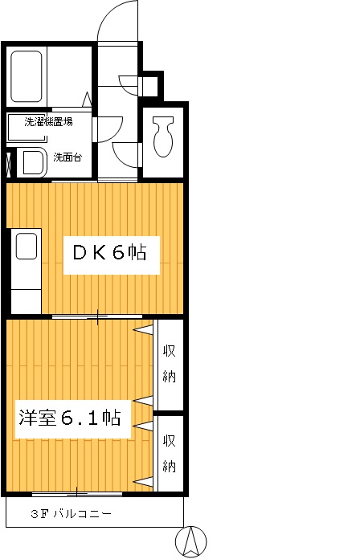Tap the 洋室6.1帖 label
coord(70,418)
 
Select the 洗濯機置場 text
coord(48,123)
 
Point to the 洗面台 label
coord(67,157)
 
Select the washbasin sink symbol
coord(32,161)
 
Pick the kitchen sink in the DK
coord(27,246)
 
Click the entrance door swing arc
coord(121,20)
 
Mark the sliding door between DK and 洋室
coord(98,316)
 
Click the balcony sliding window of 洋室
coord(78,491)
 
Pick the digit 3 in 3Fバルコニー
coord(35,513)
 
